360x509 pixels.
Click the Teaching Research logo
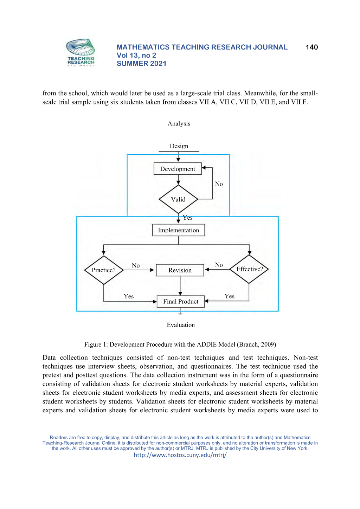(x=81, y=52)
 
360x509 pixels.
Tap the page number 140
(x=311, y=47)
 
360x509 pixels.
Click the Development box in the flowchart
(x=178, y=169)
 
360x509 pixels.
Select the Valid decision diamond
(x=178, y=199)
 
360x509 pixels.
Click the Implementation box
(x=178, y=230)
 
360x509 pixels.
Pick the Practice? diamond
(x=104, y=270)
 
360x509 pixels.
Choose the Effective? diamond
(x=249, y=269)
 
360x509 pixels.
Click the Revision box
(x=180, y=270)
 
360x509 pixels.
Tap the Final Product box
(x=181, y=301)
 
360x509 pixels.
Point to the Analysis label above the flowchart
(x=179, y=123)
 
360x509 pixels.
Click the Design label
(x=179, y=146)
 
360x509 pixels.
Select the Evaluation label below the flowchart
(x=181, y=325)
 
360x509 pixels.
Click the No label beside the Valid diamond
(x=219, y=184)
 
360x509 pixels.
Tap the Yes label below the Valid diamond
(x=188, y=218)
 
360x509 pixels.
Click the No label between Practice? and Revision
(x=136, y=265)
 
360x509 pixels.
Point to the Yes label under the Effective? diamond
(x=229, y=296)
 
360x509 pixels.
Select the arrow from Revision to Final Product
(x=180, y=286)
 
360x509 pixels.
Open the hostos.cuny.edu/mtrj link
(x=180, y=455)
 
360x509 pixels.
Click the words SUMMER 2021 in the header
(x=141, y=63)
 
